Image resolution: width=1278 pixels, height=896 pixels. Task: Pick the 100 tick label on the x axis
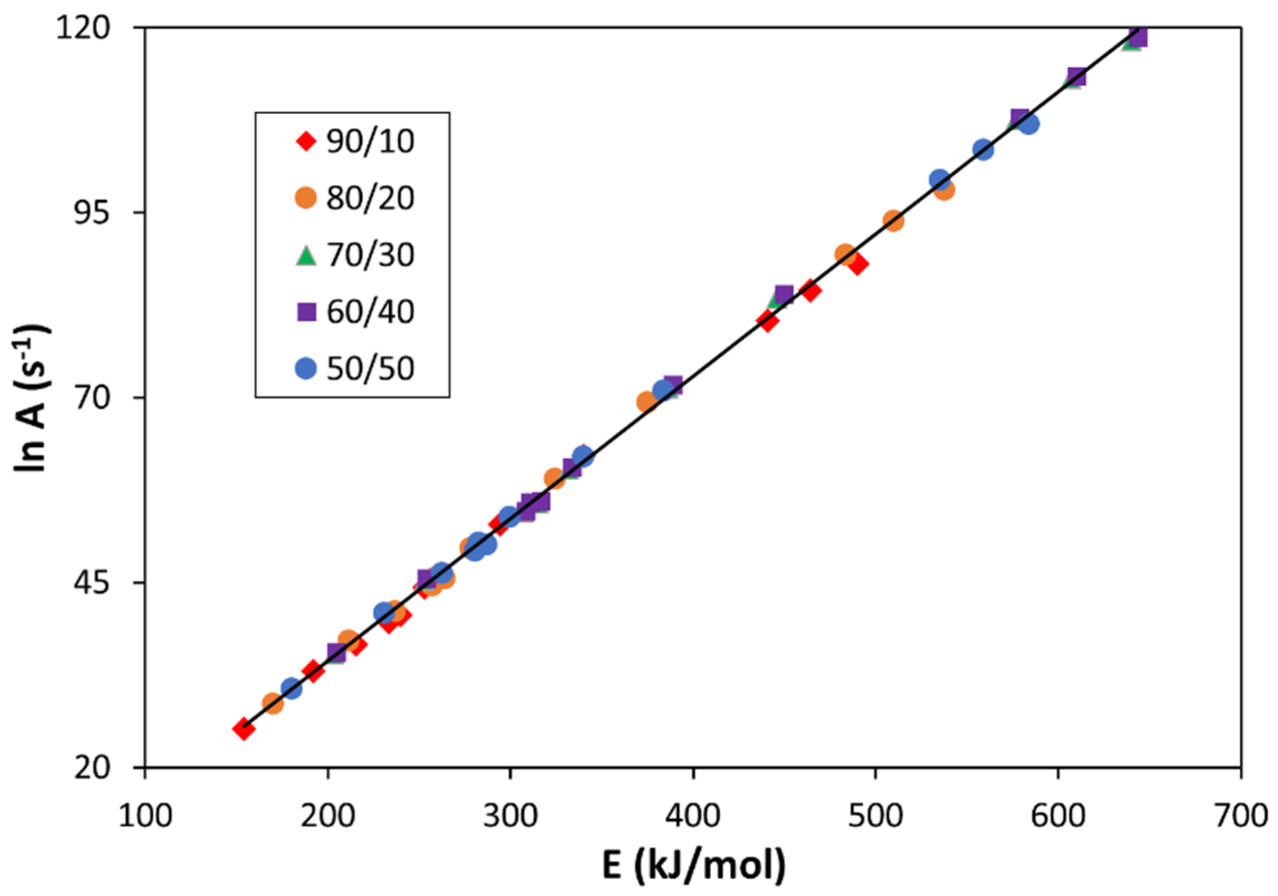tap(145, 816)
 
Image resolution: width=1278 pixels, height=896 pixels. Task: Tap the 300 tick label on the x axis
tap(510, 816)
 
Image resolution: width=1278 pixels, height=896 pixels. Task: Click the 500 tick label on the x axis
tap(875, 816)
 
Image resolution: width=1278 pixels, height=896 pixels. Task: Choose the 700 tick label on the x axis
tap(1241, 816)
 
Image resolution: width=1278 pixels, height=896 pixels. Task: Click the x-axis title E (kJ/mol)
tap(694, 865)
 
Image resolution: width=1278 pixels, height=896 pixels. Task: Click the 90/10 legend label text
tap(370, 141)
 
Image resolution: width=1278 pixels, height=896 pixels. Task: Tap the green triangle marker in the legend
tap(306, 255)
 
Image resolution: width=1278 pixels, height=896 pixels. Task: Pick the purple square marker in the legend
tap(306, 312)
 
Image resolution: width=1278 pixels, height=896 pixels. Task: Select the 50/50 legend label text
tap(370, 369)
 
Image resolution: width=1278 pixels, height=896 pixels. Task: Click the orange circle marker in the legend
tap(306, 198)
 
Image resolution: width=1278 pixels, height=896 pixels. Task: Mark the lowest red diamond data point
tap(244, 729)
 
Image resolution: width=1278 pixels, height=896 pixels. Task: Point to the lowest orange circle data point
tap(272, 703)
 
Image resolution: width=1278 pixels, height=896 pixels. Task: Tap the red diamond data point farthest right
tap(858, 264)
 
